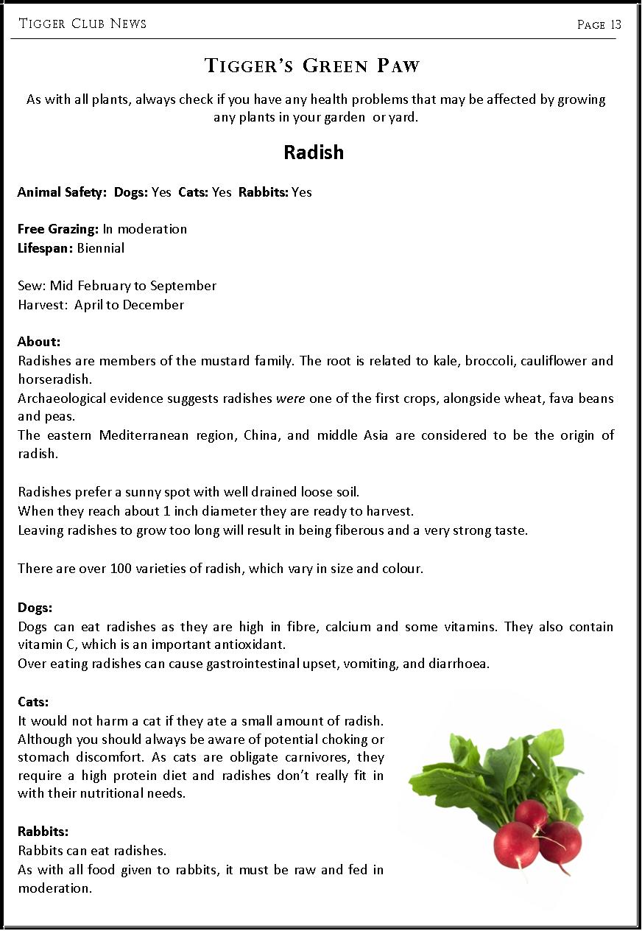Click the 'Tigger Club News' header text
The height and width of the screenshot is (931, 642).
[x=82, y=24]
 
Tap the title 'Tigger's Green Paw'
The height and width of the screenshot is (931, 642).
[x=313, y=66]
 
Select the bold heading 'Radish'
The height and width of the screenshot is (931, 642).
[x=314, y=152]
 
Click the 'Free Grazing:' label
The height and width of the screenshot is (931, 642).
[x=58, y=229]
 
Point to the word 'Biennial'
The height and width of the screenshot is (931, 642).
[x=101, y=248]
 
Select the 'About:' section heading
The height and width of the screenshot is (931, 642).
[x=39, y=342]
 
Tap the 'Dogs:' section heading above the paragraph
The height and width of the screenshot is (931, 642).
[x=35, y=608]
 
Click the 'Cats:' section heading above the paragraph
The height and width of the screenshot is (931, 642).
[x=34, y=702]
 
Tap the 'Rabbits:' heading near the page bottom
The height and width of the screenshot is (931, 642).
[x=43, y=832]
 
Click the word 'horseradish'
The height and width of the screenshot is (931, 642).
[x=54, y=380]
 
